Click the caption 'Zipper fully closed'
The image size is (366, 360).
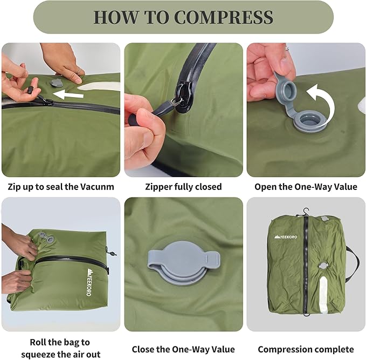pyautogui.click(x=183, y=187)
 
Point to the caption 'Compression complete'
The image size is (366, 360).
pyautogui.click(x=305, y=349)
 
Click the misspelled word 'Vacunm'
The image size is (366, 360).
pyautogui.click(x=97, y=187)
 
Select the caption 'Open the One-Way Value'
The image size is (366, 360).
pyautogui.click(x=305, y=187)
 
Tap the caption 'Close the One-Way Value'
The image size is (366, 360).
pyautogui.click(x=183, y=349)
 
